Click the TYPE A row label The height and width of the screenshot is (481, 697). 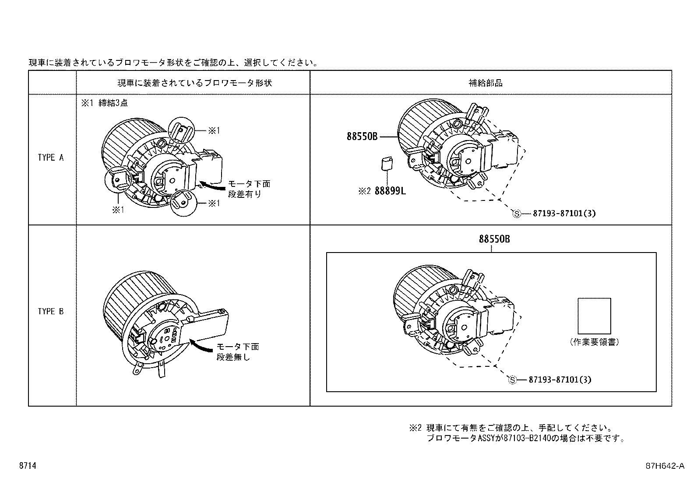(51, 158)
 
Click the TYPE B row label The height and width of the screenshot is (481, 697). (51, 312)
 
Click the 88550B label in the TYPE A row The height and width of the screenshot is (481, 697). (362, 137)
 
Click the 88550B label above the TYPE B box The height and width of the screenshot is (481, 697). (494, 239)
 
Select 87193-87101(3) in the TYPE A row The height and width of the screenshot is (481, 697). (564, 214)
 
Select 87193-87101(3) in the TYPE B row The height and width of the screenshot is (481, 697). (560, 379)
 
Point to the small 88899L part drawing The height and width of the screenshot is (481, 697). (386, 164)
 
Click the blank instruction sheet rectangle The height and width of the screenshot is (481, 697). (594, 316)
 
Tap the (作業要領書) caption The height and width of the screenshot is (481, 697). (595, 343)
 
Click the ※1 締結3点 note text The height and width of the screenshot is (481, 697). (104, 103)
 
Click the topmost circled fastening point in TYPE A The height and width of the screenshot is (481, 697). (180, 130)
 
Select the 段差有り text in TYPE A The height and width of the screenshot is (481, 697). (244, 194)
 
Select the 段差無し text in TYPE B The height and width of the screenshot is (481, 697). (233, 357)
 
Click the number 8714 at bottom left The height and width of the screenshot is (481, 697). (27, 466)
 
